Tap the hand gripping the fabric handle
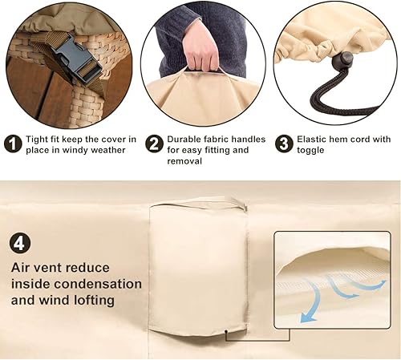click(200, 56)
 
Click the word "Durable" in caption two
click(186, 139)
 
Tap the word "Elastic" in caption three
click(316, 139)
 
